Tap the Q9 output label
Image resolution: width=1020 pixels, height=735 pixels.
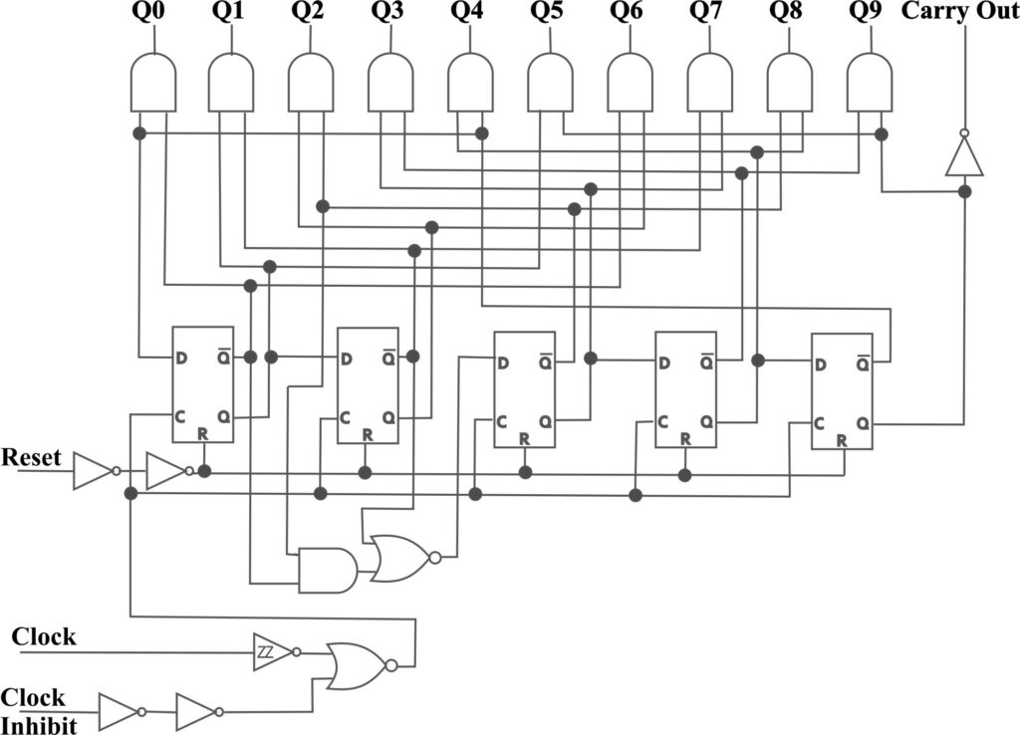866,13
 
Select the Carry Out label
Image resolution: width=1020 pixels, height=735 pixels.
960,12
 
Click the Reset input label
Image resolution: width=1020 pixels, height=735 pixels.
31,457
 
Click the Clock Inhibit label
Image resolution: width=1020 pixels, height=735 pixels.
39,711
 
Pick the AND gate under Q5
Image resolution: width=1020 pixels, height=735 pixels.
550,82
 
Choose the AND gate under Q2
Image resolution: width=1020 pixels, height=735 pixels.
311,82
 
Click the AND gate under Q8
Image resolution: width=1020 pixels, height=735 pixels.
790,82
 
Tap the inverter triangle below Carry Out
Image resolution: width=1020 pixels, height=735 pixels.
964,153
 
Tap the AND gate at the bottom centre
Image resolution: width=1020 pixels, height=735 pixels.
328,570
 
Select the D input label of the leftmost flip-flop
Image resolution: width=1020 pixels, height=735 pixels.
181,359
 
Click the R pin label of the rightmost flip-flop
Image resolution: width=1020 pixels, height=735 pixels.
842,440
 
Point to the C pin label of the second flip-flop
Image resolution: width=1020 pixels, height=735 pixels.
346,417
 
